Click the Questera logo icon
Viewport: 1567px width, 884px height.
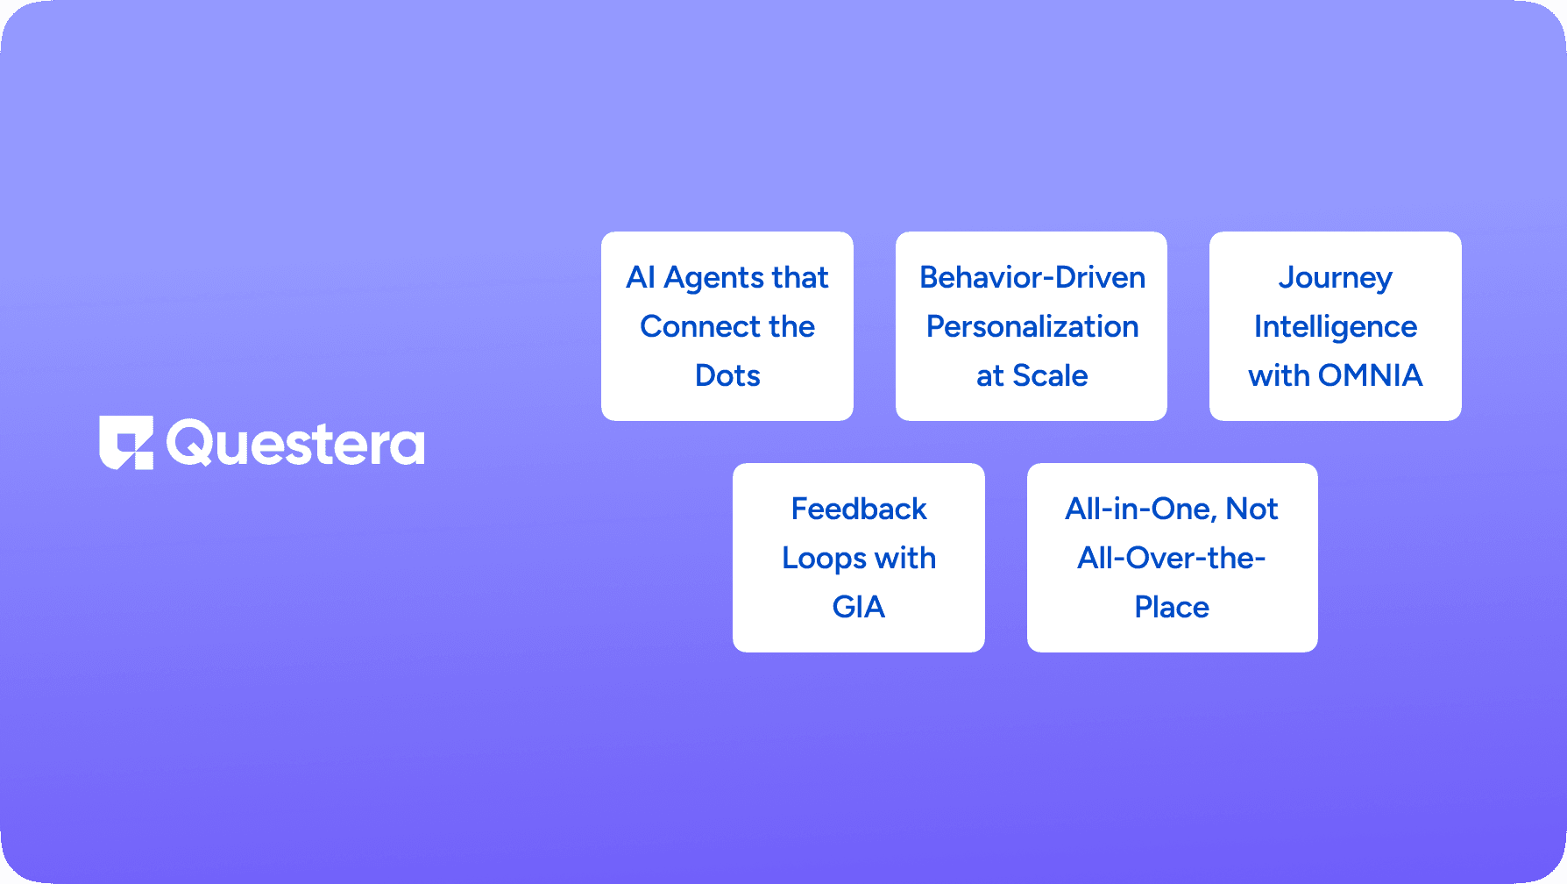pyautogui.click(x=126, y=442)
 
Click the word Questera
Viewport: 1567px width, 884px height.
pyautogui.click(x=295, y=444)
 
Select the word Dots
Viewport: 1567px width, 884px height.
pyautogui.click(x=727, y=375)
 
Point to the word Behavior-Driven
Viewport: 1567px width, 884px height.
pyautogui.click(x=1032, y=277)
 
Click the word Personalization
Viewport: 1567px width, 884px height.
pyautogui.click(x=1032, y=326)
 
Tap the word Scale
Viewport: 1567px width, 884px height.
pyautogui.click(x=1050, y=375)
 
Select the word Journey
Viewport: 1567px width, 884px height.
pyautogui.click(x=1335, y=278)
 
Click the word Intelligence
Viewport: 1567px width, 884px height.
pyautogui.click(x=1335, y=327)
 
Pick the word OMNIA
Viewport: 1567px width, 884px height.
pyautogui.click(x=1370, y=375)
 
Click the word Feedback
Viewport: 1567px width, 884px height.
pyautogui.click(x=859, y=509)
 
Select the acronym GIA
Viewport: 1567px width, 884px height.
pyautogui.click(x=859, y=607)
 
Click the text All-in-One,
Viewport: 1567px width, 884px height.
pyautogui.click(x=1141, y=510)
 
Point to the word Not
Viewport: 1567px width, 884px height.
pyautogui.click(x=1252, y=509)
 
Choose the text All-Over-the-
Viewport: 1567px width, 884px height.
pyautogui.click(x=1172, y=558)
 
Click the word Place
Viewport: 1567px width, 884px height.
pyautogui.click(x=1172, y=607)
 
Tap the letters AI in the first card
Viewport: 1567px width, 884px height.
pyautogui.click(x=641, y=277)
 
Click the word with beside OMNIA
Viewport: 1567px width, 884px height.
pyautogui.click(x=1279, y=375)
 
